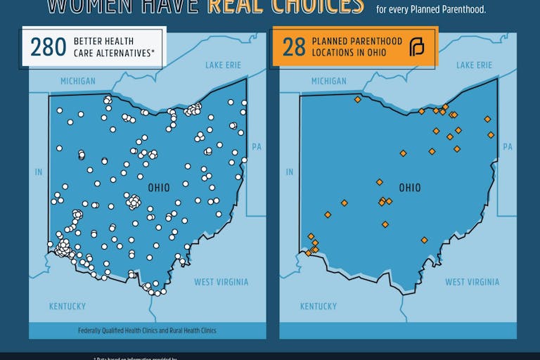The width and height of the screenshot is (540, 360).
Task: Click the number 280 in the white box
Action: [47, 47]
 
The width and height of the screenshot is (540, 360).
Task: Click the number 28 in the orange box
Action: [294, 47]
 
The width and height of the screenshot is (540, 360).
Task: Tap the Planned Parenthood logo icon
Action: [417, 47]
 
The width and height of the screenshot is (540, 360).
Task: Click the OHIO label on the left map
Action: [159, 188]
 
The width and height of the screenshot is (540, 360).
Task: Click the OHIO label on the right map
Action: [410, 188]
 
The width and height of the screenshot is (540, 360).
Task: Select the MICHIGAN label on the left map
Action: [78, 81]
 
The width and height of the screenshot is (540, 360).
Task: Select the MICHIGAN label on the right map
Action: [328, 81]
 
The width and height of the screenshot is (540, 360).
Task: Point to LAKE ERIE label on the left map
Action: [223, 65]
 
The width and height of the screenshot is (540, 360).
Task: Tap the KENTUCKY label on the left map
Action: [67, 306]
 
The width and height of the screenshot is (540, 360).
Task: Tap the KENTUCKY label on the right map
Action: [319, 306]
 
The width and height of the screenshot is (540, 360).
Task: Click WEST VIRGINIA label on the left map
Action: [221, 282]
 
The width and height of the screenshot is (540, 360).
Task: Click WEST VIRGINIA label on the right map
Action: [472, 282]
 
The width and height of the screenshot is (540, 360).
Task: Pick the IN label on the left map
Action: [39, 172]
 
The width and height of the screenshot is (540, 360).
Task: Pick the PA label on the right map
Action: [508, 147]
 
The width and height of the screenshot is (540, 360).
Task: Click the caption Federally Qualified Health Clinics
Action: [148, 330]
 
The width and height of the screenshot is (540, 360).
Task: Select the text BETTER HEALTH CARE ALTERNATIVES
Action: [113, 47]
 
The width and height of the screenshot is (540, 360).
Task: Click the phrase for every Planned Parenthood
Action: [431, 10]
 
